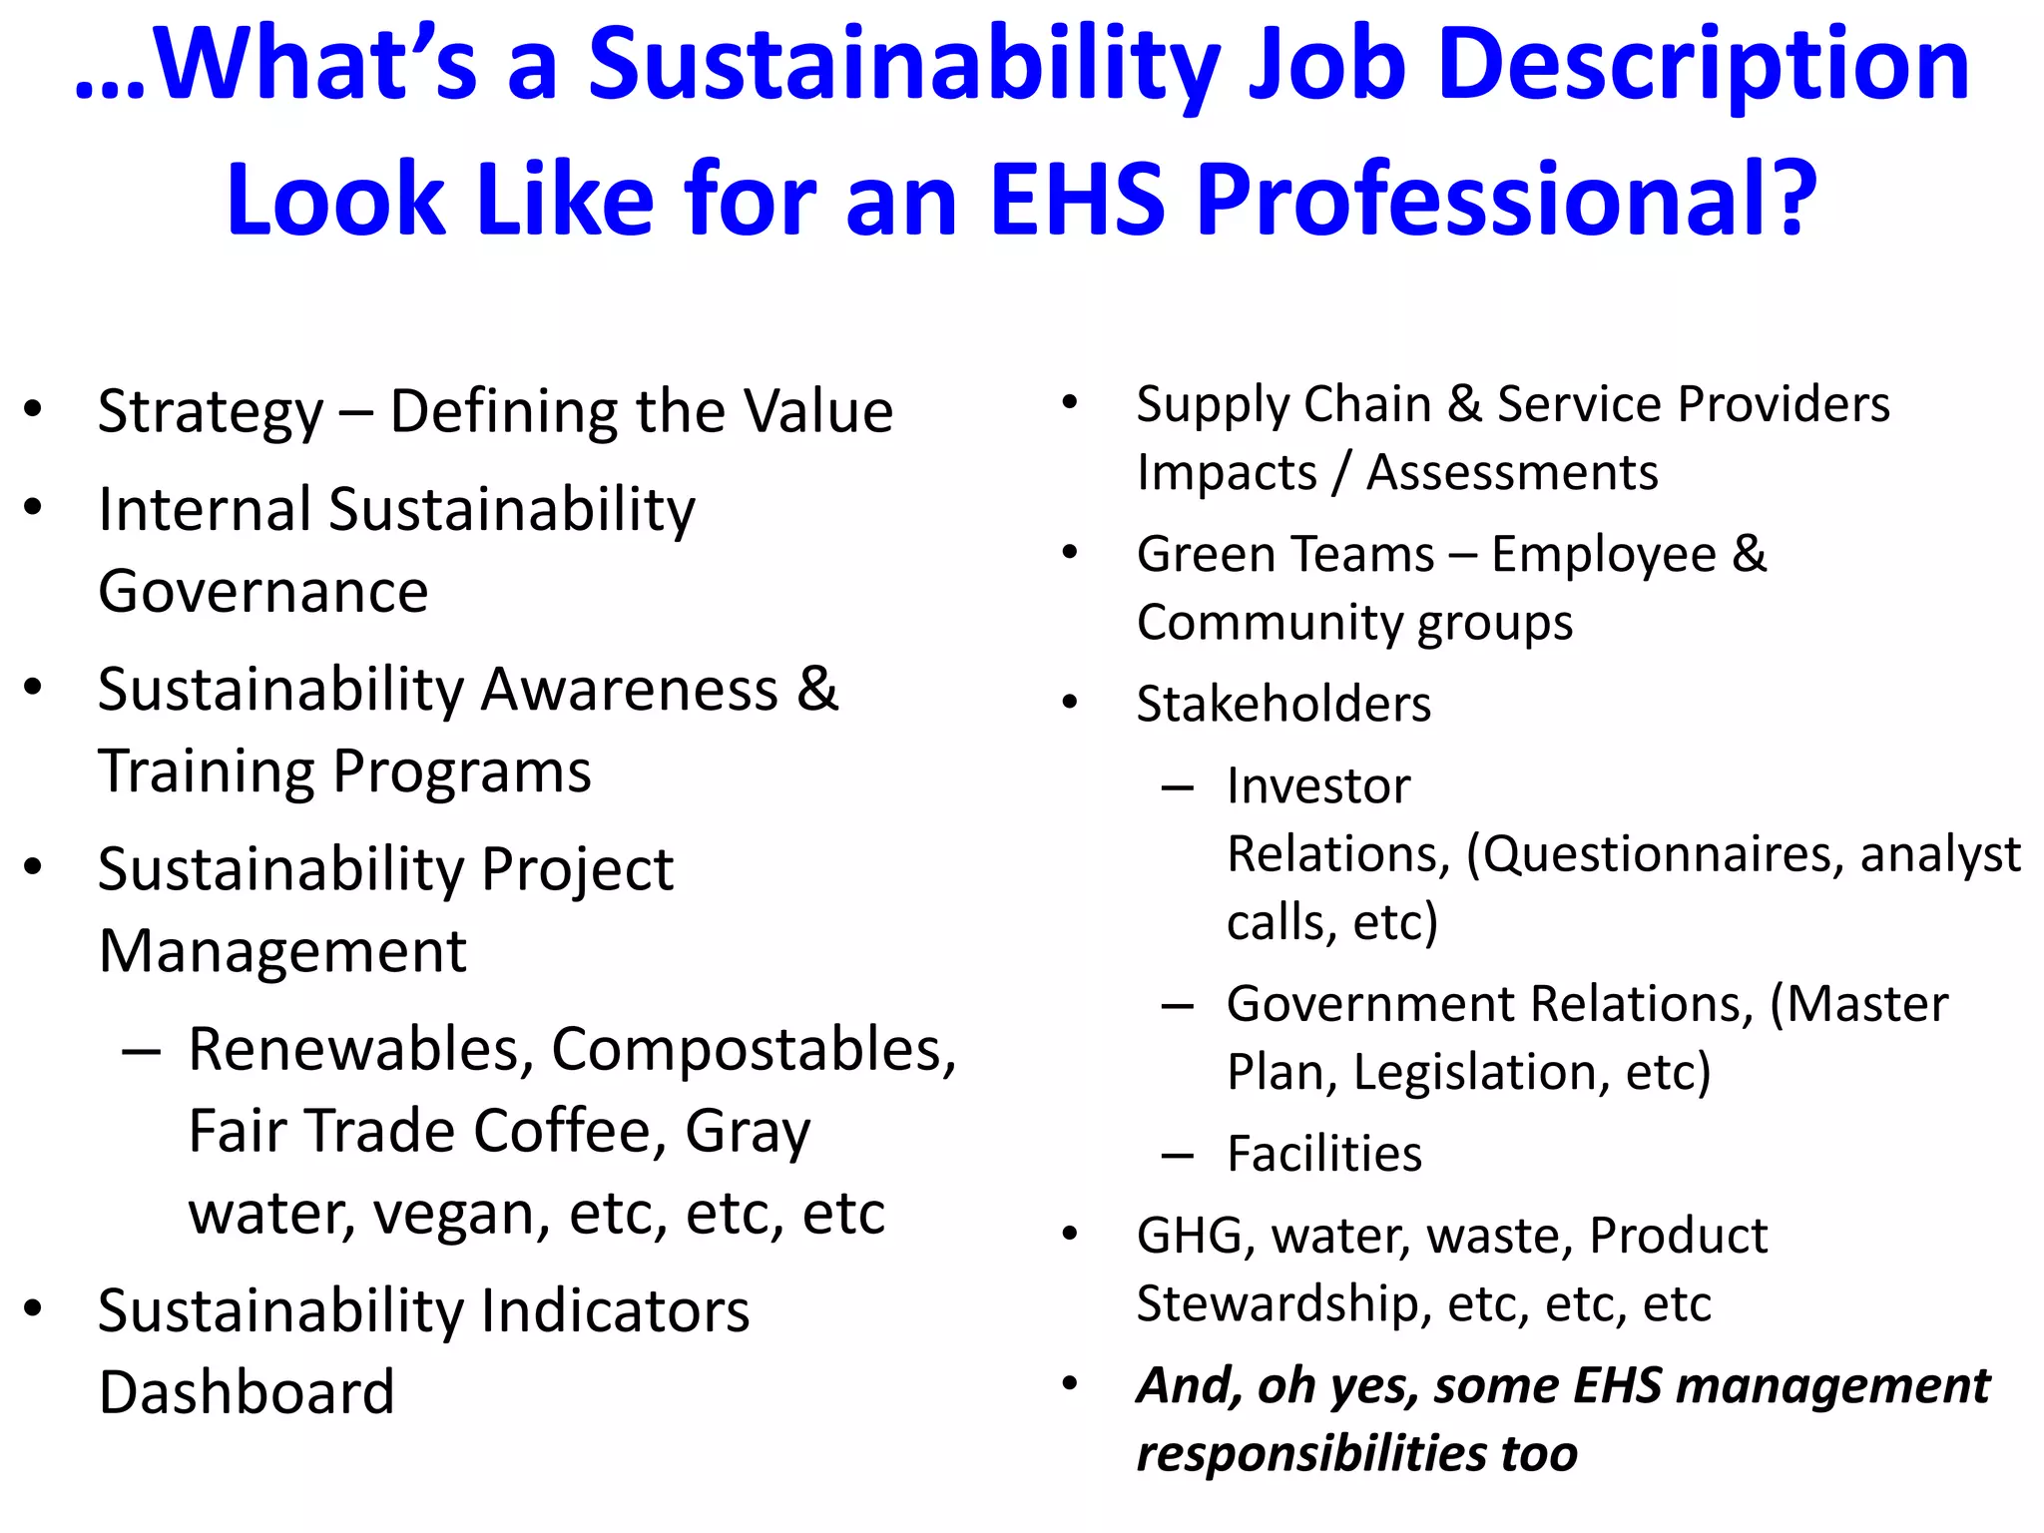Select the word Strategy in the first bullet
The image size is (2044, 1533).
coord(211,412)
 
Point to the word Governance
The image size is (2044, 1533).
coord(263,592)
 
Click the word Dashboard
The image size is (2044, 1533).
coord(247,1392)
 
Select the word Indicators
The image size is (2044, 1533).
coord(615,1311)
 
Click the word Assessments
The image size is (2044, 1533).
coord(1511,472)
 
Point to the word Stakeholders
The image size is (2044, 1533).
coord(1283,705)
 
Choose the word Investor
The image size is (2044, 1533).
coord(1318,786)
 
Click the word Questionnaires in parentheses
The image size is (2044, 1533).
coord(1655,855)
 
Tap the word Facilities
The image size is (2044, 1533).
coord(1324,1155)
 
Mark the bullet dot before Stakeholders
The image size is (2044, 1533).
coord(1071,703)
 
